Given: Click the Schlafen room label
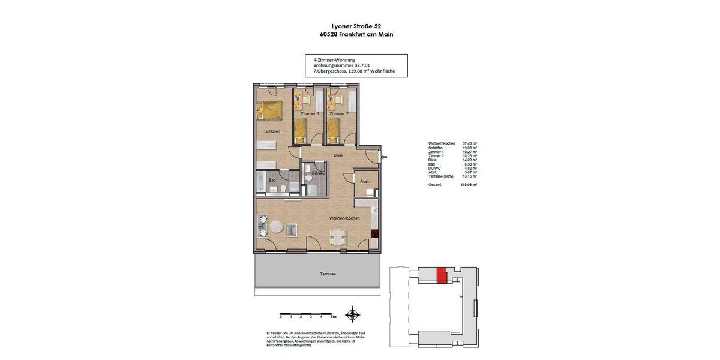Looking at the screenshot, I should click(272, 131).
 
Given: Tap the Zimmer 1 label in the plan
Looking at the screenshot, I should click(310, 113).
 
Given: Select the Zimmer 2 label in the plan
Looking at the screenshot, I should click(338, 113).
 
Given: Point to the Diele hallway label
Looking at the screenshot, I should click(338, 155).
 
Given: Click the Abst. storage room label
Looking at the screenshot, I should click(364, 181).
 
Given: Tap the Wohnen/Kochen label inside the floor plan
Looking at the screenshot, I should click(344, 218).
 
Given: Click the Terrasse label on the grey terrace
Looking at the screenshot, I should click(328, 274).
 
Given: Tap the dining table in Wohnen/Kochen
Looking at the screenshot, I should click(339, 236).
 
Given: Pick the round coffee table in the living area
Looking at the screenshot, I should click(277, 228).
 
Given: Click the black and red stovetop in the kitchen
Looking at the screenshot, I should click(374, 234).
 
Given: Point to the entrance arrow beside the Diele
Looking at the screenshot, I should click(384, 158).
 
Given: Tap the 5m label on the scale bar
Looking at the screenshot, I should click(334, 316).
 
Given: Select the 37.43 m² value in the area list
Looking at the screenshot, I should click(470, 143).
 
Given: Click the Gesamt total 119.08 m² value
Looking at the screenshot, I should click(469, 185).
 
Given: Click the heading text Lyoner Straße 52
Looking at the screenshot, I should click(356, 26).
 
